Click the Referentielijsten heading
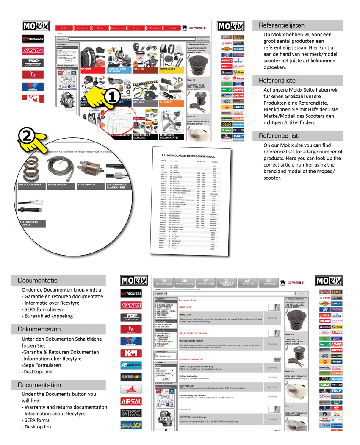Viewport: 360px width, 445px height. [x=282, y=25]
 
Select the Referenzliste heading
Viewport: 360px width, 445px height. [x=277, y=80]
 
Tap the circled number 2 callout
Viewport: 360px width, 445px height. [x=26, y=136]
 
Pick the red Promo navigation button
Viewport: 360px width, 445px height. [x=136, y=28]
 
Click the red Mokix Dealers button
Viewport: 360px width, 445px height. [x=154, y=28]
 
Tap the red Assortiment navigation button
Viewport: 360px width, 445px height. [x=82, y=28]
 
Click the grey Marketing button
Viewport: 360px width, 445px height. [x=269, y=282]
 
